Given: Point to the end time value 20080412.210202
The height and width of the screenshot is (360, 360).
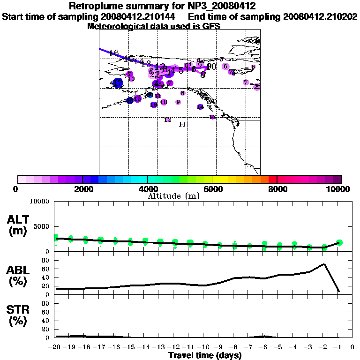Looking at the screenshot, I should [x=321, y=17].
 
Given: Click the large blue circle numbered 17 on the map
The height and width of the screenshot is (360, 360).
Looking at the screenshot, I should [x=117, y=83].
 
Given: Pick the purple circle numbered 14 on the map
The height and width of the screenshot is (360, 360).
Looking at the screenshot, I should [x=200, y=107].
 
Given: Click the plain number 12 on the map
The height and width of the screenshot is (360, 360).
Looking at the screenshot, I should [x=167, y=120].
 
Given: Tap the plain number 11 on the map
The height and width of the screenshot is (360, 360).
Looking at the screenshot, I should [x=182, y=125].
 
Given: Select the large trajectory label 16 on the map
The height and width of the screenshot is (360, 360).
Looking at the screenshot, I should [x=113, y=53].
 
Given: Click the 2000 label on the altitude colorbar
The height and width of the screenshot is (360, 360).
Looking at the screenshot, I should [x=82, y=189].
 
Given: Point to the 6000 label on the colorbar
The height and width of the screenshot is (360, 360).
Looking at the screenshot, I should [x=212, y=189].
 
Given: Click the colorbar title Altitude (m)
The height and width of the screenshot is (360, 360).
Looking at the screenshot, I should [x=173, y=196].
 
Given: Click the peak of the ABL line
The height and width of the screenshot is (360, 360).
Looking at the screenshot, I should [x=324, y=264].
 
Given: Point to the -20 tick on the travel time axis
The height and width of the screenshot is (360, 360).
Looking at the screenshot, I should [x=55, y=347].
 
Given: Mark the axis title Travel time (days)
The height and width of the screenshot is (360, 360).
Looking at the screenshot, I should [x=205, y=356].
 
